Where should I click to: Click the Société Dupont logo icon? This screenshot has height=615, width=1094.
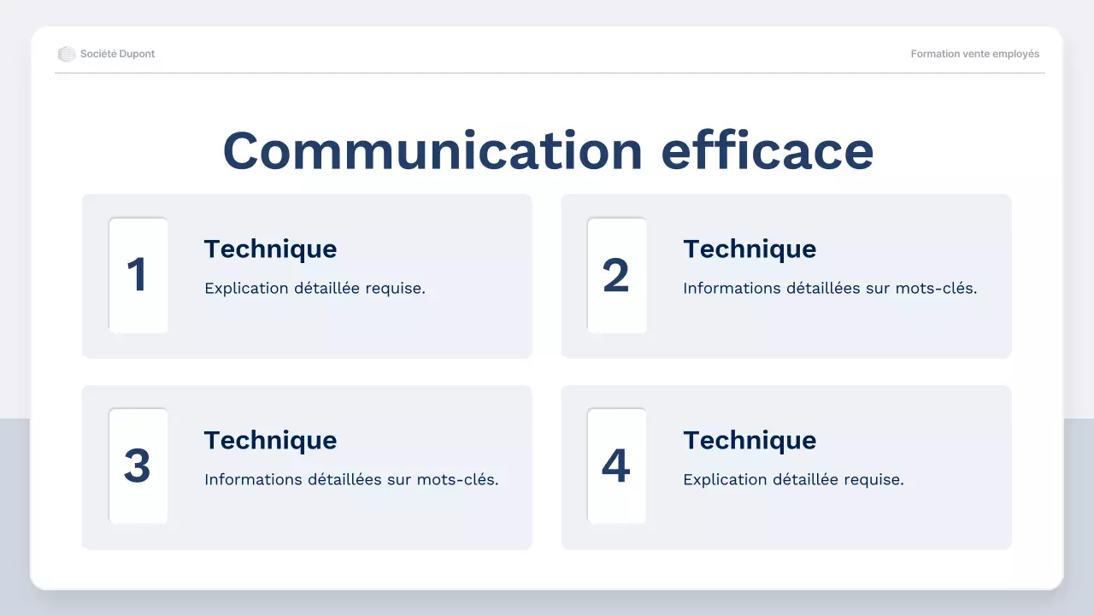[67, 54]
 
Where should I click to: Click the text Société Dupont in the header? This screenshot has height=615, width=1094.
[118, 54]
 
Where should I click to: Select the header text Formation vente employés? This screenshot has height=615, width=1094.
[975, 54]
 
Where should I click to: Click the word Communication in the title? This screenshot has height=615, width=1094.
[432, 151]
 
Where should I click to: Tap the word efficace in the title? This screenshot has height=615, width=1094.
[768, 151]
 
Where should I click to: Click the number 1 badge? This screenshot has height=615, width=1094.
[138, 275]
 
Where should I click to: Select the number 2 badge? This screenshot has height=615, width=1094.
[616, 275]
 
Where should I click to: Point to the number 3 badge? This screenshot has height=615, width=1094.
[138, 466]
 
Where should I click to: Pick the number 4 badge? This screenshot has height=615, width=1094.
[616, 466]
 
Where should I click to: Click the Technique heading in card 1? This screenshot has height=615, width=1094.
[270, 249]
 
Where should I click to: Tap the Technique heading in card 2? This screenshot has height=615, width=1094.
[750, 249]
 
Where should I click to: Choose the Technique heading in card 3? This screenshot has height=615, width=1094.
[270, 440]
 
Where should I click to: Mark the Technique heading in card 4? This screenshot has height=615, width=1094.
[750, 440]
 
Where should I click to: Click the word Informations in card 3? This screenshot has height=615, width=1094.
[247, 480]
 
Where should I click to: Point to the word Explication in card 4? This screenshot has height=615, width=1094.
[725, 480]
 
